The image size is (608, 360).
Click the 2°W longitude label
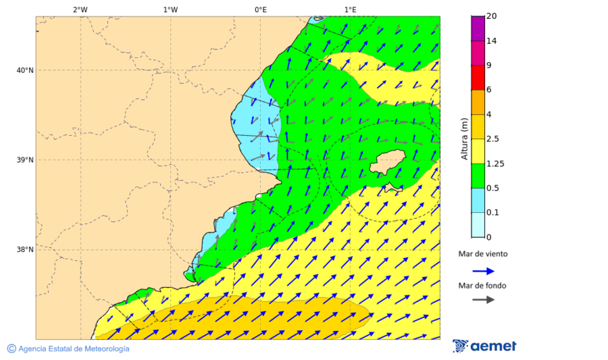coord(80,9)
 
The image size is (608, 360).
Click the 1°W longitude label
coord(170,9)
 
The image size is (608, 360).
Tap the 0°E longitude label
coord(260,9)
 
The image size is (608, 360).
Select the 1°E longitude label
coord(350,9)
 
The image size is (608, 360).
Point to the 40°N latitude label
coord(25,70)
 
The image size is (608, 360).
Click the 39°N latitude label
coord(25,160)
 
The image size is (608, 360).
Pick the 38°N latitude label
coord(25,250)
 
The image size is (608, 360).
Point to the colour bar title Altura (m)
coord(464,138)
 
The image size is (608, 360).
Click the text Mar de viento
coord(482,255)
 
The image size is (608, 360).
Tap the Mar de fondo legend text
coord(482,286)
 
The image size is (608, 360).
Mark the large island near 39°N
coord(390,162)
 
